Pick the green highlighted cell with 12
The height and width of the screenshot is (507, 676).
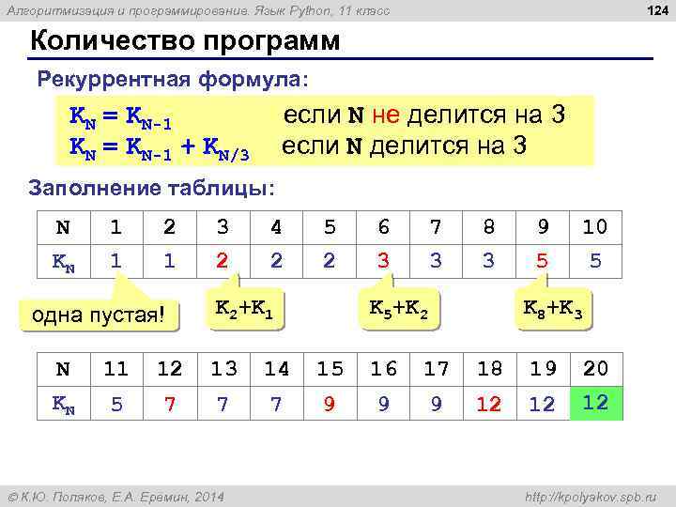click(x=595, y=403)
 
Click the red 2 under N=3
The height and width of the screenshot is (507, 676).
click(x=222, y=261)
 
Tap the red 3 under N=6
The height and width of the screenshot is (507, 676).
click(x=382, y=261)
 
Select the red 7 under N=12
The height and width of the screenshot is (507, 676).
click(x=169, y=404)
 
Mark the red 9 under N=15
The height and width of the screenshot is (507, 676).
click(x=329, y=404)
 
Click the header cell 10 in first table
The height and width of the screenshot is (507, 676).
click(x=594, y=226)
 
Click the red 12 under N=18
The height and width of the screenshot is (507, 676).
click(x=488, y=404)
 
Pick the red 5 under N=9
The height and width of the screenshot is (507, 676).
click(x=542, y=261)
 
